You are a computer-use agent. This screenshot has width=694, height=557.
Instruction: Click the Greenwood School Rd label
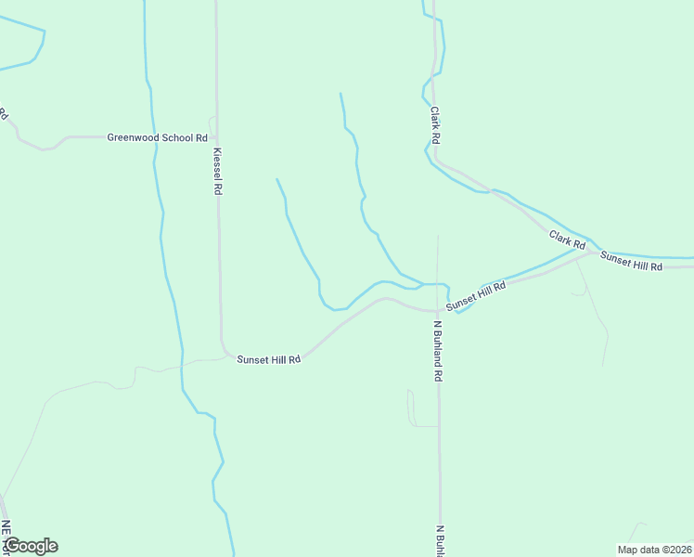point(157,137)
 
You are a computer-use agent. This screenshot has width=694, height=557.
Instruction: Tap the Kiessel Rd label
point(218,171)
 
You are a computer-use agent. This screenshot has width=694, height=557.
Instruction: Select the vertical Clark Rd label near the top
point(434,124)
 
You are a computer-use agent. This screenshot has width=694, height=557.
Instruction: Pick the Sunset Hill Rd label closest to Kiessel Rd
point(269,359)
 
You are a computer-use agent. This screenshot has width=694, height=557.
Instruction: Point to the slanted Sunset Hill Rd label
point(475,294)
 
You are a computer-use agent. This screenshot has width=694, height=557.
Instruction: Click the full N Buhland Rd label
point(438,352)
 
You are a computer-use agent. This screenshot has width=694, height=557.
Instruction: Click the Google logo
point(30,546)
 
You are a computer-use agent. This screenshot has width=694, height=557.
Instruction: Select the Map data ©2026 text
point(654,550)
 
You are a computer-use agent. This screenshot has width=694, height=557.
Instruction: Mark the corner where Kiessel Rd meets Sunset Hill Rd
point(225,353)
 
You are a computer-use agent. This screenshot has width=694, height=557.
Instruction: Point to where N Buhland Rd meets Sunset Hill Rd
point(438,311)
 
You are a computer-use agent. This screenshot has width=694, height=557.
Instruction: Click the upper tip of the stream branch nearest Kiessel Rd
point(276,179)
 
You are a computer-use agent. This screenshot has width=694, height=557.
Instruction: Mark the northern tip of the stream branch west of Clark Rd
point(341,93)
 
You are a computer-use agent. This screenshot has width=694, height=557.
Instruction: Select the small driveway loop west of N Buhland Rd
point(411,408)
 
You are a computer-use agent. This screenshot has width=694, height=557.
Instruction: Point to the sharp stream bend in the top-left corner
point(43,32)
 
